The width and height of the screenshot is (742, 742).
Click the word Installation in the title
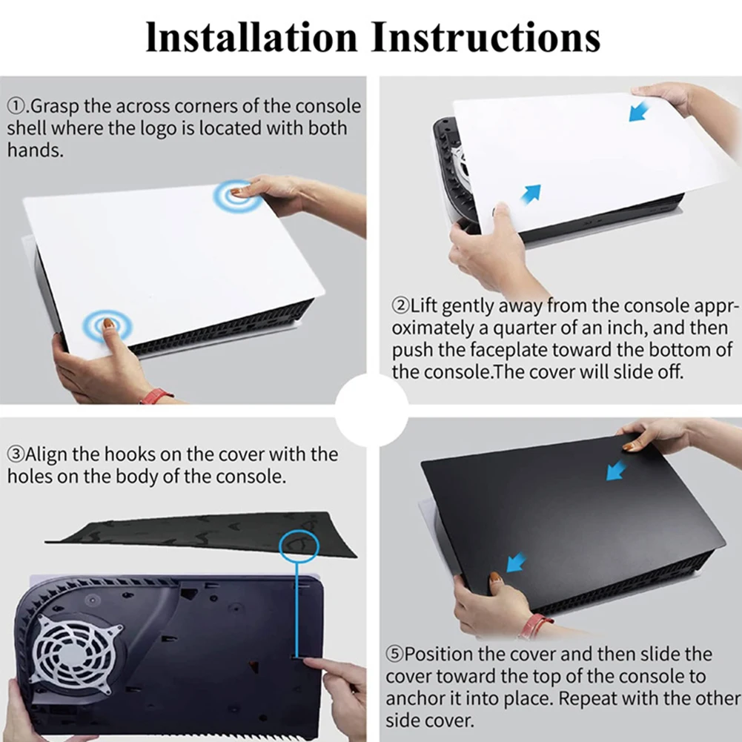point(251,37)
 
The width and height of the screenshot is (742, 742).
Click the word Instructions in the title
point(486,37)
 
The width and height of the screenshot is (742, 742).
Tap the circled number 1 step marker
point(16,107)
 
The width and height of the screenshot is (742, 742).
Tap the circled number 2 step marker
point(400,305)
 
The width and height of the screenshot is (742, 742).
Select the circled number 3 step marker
point(16,454)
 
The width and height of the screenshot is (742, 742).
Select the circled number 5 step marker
point(394,655)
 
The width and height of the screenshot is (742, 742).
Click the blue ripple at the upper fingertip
point(237,195)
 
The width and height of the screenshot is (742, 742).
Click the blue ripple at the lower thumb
point(107,325)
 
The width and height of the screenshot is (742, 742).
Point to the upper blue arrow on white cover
point(639,113)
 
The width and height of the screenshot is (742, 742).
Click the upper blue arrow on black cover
point(617,471)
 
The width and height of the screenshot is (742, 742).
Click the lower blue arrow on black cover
point(516,562)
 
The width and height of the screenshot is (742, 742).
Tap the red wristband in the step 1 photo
point(157,395)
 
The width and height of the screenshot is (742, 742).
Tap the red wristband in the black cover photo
point(534,626)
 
